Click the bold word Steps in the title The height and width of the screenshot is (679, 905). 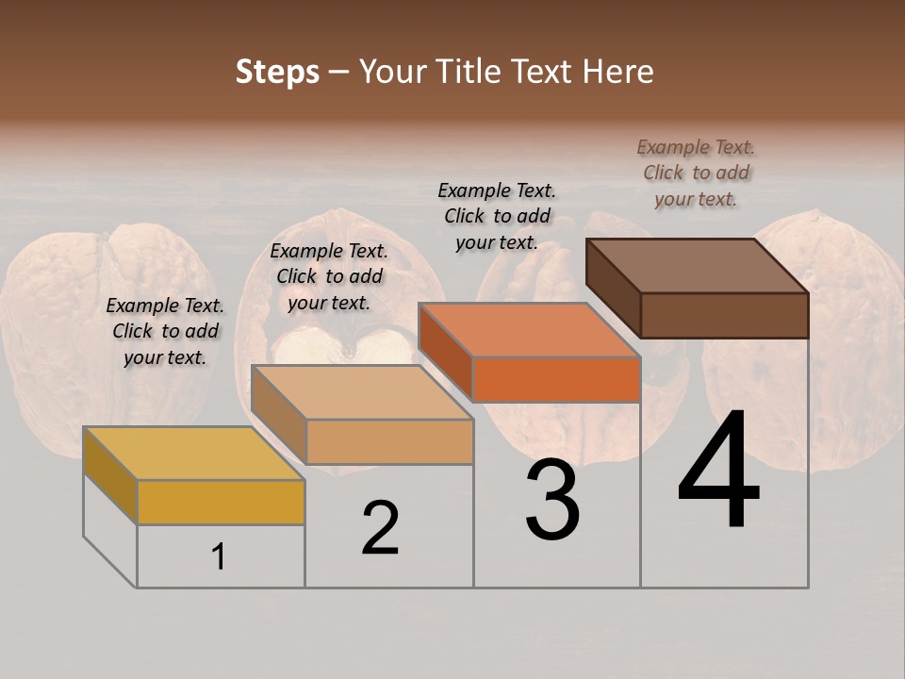click(277, 72)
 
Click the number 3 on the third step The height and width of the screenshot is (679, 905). click(552, 500)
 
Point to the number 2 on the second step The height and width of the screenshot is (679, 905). click(380, 528)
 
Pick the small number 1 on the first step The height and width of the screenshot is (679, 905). click(219, 557)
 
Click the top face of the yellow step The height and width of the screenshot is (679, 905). click(193, 454)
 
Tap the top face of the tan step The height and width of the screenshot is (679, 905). click(362, 392)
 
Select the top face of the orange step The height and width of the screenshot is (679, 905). click(529, 330)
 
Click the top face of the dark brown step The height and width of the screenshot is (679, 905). click(698, 266)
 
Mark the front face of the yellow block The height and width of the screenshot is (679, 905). click(221, 502)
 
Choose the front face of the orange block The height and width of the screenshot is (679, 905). click(556, 379)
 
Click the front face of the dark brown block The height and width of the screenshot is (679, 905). click(724, 315)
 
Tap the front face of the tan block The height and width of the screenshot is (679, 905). click(389, 441)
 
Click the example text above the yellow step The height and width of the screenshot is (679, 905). click(165, 331)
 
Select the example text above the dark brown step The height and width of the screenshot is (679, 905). click(696, 173)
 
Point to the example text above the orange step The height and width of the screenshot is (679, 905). click(497, 216)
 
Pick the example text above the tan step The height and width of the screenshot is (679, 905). click(329, 276)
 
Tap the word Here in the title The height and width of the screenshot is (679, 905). click(619, 72)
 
